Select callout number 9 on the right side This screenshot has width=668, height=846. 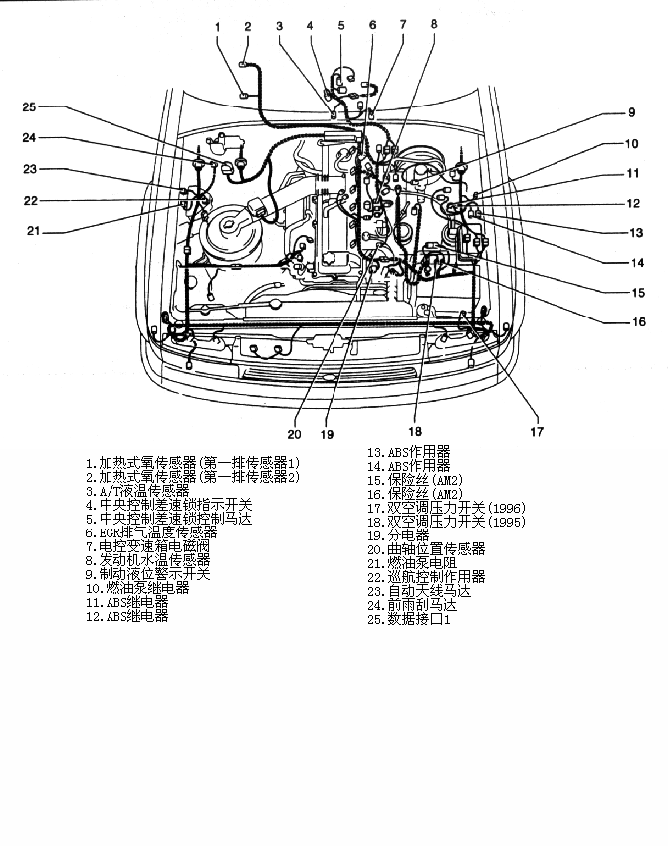point(631,112)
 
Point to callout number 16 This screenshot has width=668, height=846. point(639,321)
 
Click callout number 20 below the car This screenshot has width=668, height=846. point(294,434)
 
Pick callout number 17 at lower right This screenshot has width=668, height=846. point(537,431)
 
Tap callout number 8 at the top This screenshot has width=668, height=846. point(434,23)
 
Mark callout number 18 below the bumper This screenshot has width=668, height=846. point(414,431)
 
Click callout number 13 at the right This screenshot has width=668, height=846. point(637,232)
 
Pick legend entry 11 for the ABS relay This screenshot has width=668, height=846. point(126,602)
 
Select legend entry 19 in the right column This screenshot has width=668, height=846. point(398,535)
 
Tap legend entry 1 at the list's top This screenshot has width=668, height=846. point(192,463)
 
